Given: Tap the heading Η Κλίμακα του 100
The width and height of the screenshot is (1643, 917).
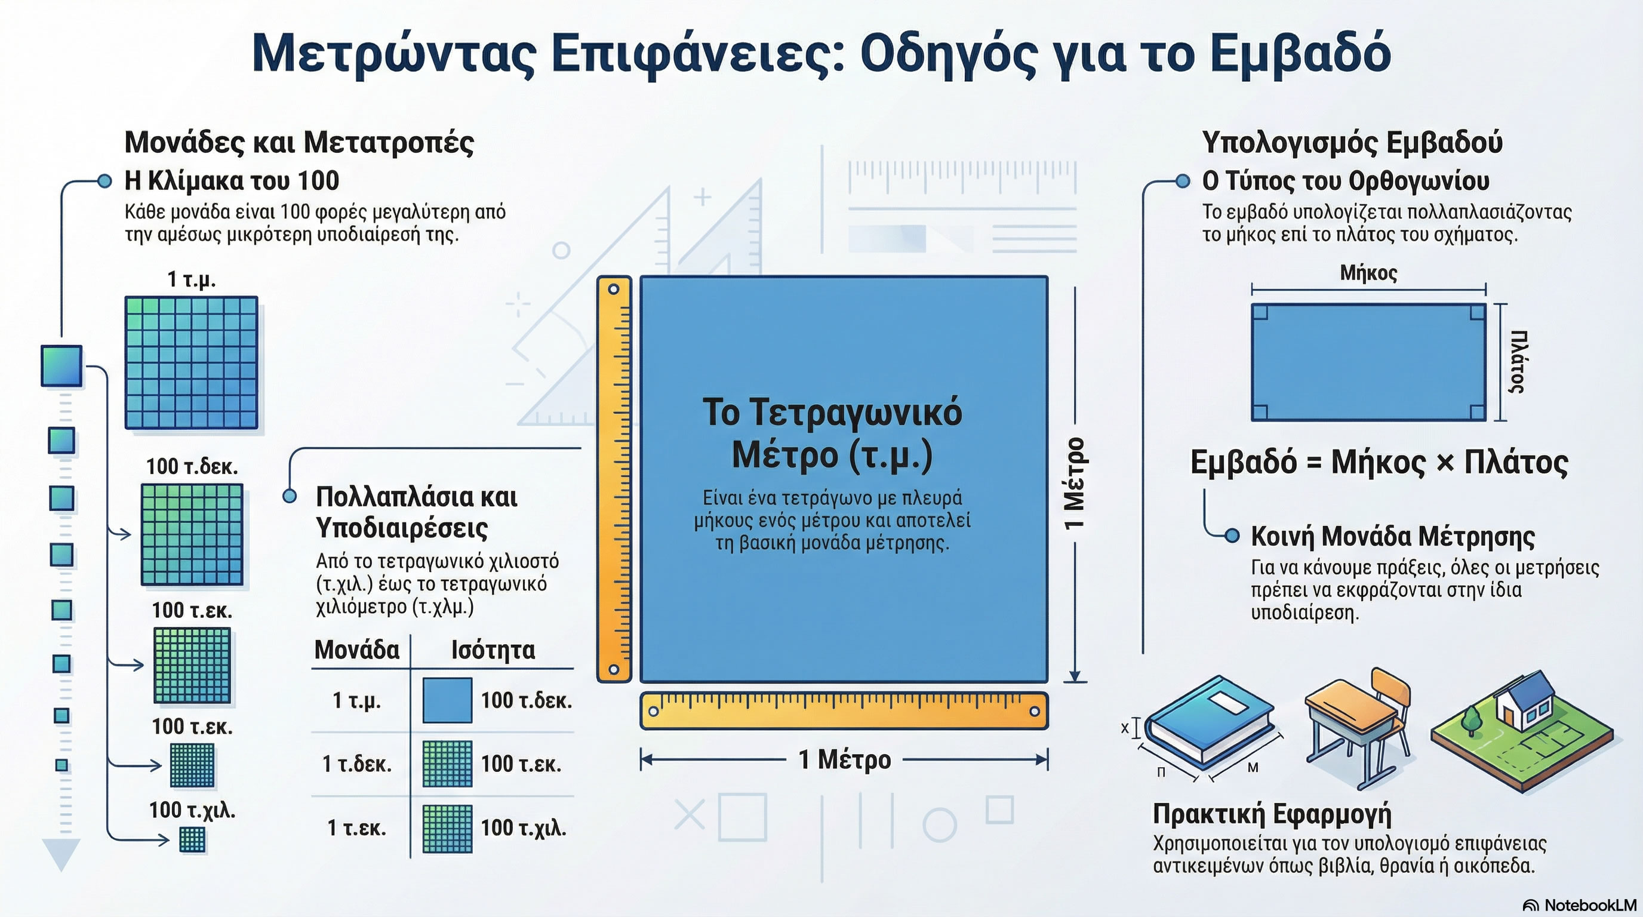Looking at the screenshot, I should pyautogui.click(x=232, y=181).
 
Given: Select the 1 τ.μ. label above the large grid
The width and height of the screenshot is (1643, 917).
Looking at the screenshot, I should pyautogui.click(x=191, y=279).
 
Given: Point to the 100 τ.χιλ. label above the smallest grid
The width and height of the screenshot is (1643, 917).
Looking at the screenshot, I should pyautogui.click(x=192, y=811).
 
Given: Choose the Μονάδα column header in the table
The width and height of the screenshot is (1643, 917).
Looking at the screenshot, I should pyautogui.click(x=356, y=650).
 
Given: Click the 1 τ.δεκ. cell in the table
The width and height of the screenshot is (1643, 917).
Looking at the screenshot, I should pyautogui.click(x=356, y=764).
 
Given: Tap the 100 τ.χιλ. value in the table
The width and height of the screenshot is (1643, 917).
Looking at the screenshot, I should pyautogui.click(x=523, y=827).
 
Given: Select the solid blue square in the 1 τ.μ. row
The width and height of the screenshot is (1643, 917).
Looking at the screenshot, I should pyautogui.click(x=447, y=700).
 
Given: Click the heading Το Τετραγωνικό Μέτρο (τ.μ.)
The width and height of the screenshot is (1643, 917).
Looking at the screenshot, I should pyautogui.click(x=832, y=433).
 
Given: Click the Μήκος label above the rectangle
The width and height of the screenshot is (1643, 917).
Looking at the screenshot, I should pyautogui.click(x=1368, y=273).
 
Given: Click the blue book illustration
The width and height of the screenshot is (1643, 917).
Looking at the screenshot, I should pyautogui.click(x=1208, y=721).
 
